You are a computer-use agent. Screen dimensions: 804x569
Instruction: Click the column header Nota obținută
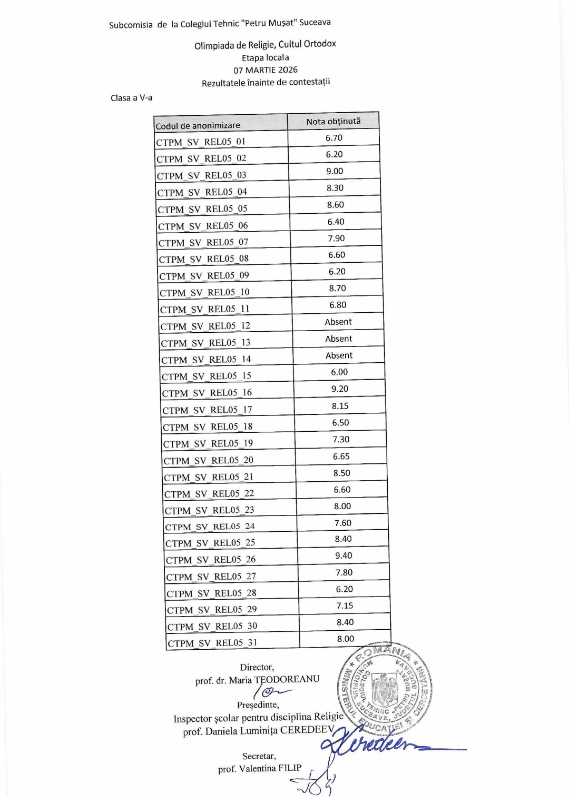pos(333,122)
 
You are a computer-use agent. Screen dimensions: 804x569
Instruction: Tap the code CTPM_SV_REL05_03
pos(201,175)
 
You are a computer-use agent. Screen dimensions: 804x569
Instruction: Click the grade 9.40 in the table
pos(344,555)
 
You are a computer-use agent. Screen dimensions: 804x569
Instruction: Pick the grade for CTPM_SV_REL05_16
pos(340,389)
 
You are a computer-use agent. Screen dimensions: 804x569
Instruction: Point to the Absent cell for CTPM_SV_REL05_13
pos(339,339)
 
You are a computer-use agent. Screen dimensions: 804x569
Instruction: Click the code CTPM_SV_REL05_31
pos(212,643)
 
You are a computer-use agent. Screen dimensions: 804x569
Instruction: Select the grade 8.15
pos(340,406)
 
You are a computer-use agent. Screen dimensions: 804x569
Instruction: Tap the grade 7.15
pos(345,606)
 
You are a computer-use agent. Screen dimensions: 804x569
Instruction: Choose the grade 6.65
pos(341,456)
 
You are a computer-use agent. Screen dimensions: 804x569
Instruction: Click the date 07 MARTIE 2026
pos(266,70)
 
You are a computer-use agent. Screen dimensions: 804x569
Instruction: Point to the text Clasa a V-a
pos(131,98)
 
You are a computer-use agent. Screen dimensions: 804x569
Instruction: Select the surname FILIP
pos(290,768)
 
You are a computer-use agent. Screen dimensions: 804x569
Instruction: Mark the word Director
pos(257,667)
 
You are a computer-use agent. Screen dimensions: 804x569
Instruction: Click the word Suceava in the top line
pos(315,22)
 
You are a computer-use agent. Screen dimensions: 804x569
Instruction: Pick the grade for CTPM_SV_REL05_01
pos(334,138)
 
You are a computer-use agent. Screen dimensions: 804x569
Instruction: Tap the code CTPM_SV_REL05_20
pos(209,461)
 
